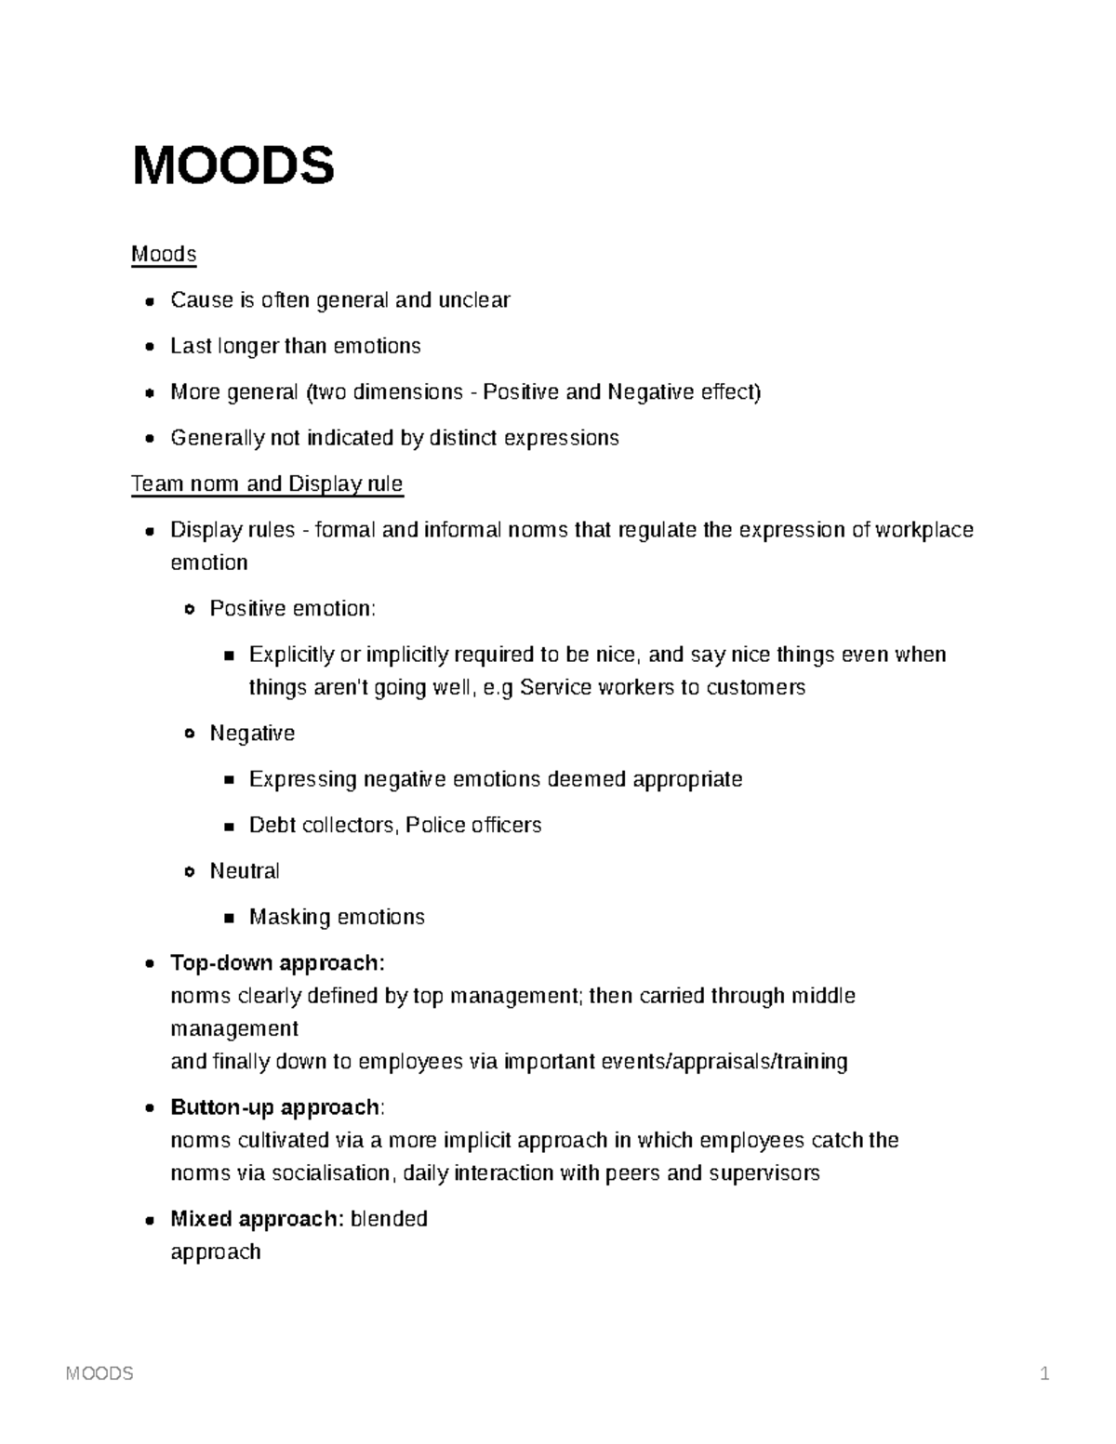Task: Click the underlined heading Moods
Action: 164,255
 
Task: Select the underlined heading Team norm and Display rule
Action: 267,484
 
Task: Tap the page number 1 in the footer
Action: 1045,1373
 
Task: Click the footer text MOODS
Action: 100,1373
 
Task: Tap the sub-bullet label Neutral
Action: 245,871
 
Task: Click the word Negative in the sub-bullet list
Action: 252,734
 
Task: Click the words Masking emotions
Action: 337,918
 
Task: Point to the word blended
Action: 389,1219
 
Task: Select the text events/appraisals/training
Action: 723,1062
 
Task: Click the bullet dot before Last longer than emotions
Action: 151,347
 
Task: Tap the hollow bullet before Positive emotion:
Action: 190,610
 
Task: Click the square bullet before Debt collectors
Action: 229,826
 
